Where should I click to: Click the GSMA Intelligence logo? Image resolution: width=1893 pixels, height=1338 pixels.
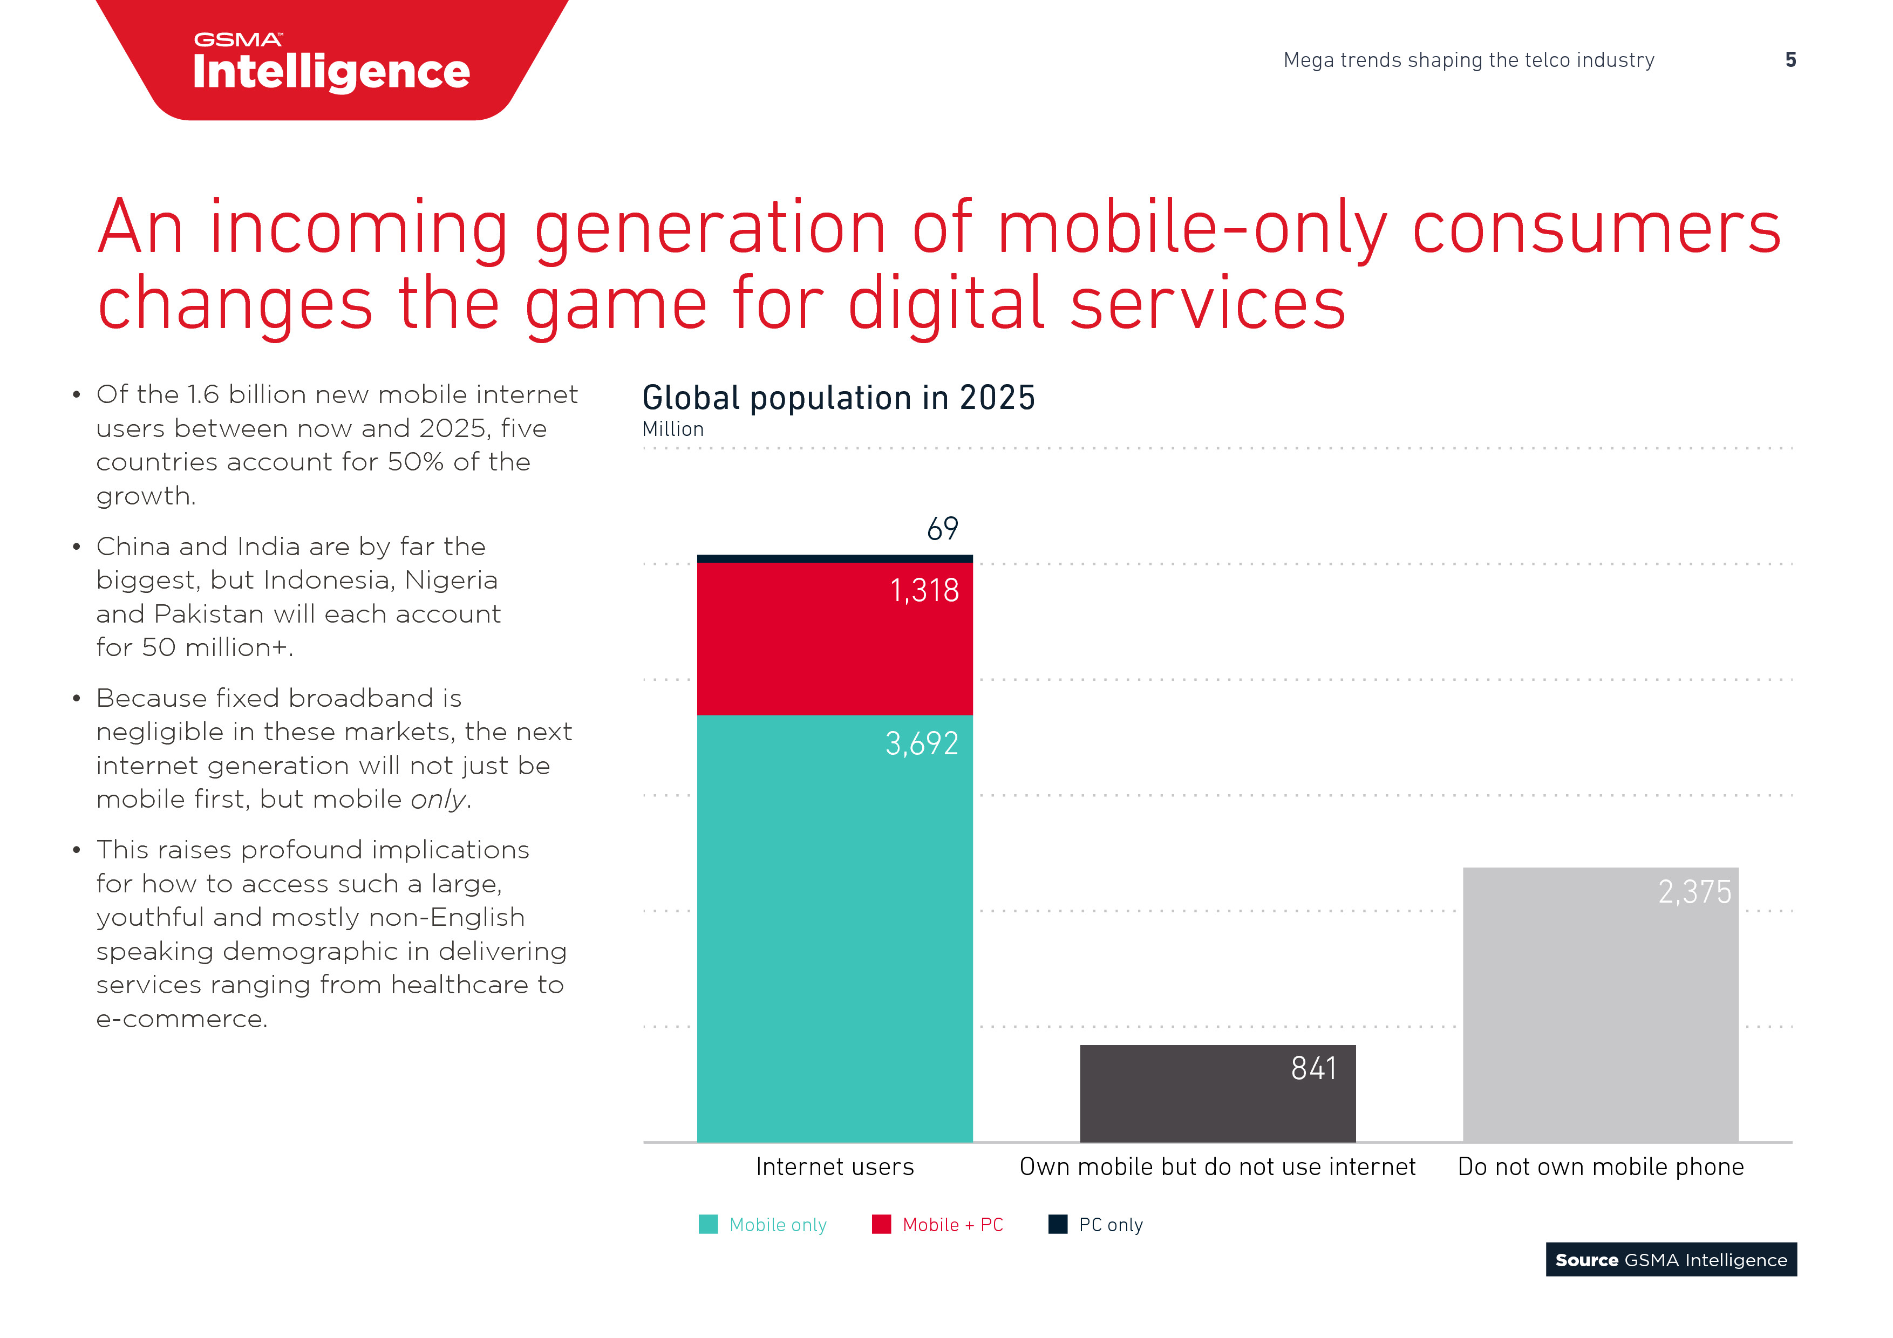pos(331,62)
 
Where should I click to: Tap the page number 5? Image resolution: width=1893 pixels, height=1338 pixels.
pos(1790,60)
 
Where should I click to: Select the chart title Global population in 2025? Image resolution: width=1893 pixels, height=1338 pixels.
pos(837,398)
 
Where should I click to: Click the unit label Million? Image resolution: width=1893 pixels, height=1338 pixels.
pos(673,429)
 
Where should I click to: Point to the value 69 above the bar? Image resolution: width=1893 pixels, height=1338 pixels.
pos(942,528)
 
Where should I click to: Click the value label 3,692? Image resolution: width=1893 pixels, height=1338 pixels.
pos(921,743)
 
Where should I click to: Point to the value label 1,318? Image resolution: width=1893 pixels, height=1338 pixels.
pos(924,590)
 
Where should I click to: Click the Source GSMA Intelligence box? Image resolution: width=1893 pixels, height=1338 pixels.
pos(1670,1260)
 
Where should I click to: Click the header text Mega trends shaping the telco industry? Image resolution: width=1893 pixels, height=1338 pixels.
pos(1468,60)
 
